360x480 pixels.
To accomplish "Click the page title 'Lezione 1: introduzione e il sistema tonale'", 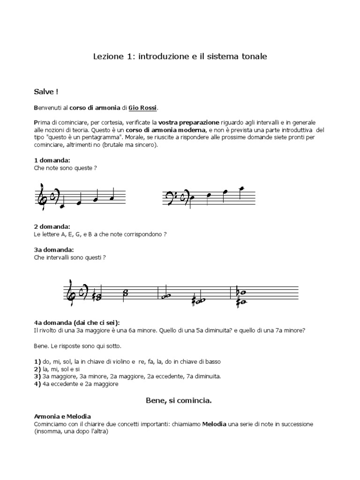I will coord(180,56).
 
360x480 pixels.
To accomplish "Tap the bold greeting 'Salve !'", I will coord(46,91).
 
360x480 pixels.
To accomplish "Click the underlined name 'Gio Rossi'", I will coord(143,108).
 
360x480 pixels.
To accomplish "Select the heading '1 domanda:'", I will coord(52,160).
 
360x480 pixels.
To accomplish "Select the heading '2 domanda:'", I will coord(52,226).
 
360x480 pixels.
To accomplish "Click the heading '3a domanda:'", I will coord(54,250).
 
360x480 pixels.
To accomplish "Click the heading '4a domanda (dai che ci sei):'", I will coord(76,322).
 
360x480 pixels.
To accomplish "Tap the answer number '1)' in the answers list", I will coord(37,362).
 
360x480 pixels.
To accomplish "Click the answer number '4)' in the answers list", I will coord(37,384).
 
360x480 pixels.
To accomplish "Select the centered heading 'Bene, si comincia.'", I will coord(179,401).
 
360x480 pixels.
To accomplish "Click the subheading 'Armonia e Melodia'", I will coord(62,416).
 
